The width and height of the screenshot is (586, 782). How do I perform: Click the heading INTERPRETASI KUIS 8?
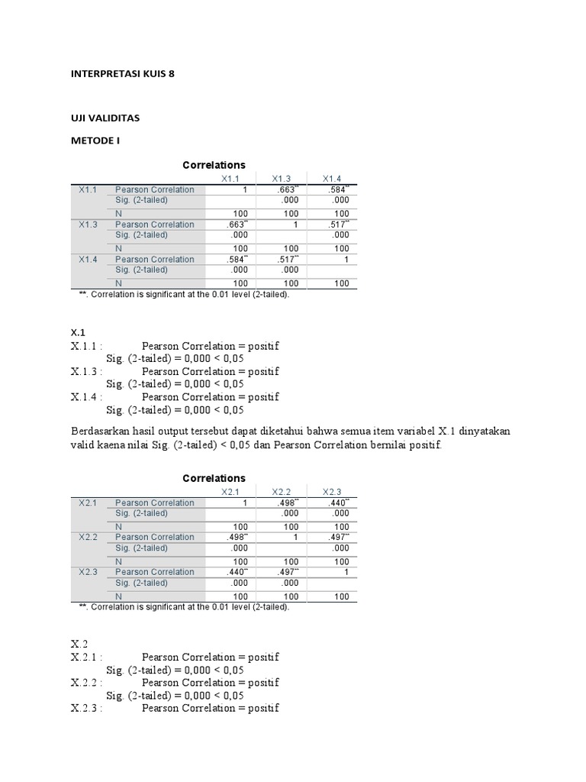pos(127,74)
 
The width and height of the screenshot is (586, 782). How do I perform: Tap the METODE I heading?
pos(96,141)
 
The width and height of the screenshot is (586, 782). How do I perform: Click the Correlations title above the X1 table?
pos(214,165)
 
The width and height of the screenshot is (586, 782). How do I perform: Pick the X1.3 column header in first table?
pos(281,179)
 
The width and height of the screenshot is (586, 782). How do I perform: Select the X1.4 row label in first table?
pos(88,260)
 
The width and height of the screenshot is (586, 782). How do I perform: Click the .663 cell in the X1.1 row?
pos(285,189)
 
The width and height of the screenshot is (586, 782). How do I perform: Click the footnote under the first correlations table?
pos(184,295)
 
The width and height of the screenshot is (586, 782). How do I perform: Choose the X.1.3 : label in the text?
pos(86,371)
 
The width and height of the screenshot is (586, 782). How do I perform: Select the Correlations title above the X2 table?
pos(214,478)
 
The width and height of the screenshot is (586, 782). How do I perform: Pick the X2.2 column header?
pos(281,492)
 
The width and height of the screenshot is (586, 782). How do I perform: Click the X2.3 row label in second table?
pos(88,572)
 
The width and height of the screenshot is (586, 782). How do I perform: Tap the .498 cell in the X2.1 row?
pos(285,502)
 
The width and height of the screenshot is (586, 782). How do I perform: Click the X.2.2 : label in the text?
pos(86,682)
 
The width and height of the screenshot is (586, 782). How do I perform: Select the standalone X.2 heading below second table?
pos(80,645)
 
